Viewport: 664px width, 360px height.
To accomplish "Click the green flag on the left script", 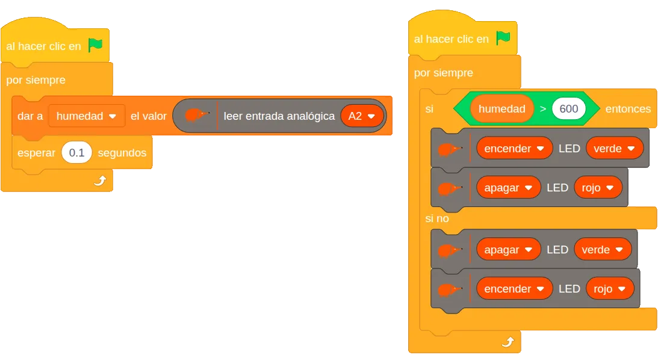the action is click(x=95, y=45).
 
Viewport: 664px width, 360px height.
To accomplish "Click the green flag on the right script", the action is click(x=503, y=38).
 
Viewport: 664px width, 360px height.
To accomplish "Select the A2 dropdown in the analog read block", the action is click(x=362, y=116).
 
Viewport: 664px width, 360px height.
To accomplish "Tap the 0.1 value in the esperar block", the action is click(x=76, y=152).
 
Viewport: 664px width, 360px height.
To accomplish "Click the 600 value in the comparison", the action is click(x=568, y=109).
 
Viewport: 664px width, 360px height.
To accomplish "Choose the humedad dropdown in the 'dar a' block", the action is click(x=87, y=116).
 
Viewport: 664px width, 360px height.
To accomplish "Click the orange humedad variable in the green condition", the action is click(x=502, y=109).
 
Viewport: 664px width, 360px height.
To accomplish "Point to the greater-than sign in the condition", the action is click(x=543, y=109).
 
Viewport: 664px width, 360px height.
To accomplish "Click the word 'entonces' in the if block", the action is click(x=628, y=109).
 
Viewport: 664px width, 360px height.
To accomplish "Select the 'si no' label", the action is click(x=436, y=219).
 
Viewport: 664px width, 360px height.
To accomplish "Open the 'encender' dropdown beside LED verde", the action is click(x=515, y=148).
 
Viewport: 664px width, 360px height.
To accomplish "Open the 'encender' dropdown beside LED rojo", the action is click(x=515, y=289).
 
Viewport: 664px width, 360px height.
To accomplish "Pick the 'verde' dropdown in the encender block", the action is click(x=615, y=148).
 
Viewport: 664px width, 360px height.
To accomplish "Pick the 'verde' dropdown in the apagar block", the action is click(x=603, y=249).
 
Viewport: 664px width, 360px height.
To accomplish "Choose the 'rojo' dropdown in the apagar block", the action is click(x=598, y=188).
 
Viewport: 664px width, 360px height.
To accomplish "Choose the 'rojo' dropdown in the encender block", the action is click(x=610, y=289).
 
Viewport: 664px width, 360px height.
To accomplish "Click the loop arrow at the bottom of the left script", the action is click(x=100, y=181).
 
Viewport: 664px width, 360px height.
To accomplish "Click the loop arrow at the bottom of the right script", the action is click(x=507, y=342).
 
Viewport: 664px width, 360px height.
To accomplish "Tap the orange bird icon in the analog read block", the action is click(x=197, y=115).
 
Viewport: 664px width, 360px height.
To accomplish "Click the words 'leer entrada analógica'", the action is click(x=279, y=116).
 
